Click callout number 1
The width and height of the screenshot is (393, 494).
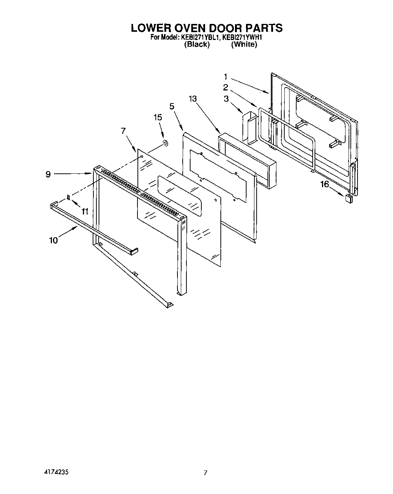226,77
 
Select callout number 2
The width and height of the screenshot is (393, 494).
226,87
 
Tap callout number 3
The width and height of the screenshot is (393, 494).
226,99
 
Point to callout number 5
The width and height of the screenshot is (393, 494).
172,106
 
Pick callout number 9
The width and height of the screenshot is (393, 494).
48,174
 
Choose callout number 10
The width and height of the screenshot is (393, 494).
53,240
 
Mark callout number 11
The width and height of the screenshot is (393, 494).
85,212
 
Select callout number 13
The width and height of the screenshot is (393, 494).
193,99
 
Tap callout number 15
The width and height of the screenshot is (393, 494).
158,117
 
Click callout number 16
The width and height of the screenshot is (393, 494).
324,184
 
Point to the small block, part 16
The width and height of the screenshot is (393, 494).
349,198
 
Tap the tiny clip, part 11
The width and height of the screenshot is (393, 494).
68,197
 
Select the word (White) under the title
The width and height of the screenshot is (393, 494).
244,44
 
